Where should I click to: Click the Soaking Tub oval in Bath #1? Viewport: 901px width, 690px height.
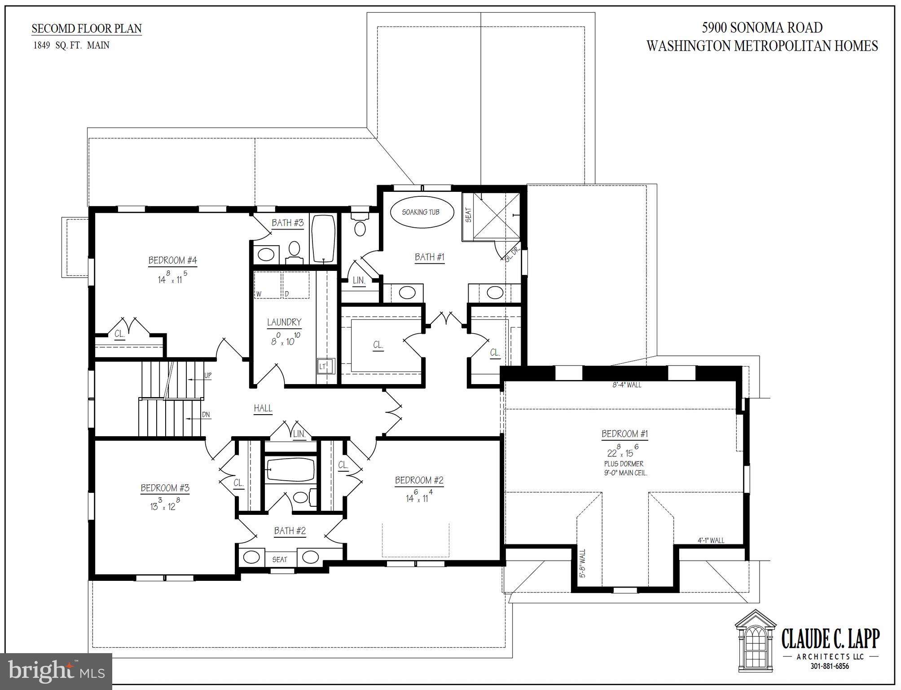(x=421, y=212)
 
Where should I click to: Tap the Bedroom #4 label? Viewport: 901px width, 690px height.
(x=173, y=260)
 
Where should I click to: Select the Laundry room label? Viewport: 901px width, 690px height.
(x=284, y=322)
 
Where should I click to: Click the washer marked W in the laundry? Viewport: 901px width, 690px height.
(x=268, y=285)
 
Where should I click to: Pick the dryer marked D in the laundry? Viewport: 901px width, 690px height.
(x=296, y=285)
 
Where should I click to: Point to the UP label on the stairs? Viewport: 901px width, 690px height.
(x=208, y=376)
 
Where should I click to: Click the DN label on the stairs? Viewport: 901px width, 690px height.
(x=206, y=415)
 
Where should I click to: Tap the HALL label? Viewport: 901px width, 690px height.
(x=263, y=408)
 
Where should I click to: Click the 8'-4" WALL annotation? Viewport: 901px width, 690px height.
(x=627, y=385)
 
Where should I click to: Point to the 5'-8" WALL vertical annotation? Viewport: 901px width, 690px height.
(x=583, y=563)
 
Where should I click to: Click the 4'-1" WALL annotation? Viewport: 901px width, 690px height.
(x=711, y=540)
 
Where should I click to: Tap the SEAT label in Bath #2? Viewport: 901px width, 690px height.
(x=280, y=559)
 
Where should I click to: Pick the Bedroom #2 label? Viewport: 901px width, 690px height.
(x=419, y=480)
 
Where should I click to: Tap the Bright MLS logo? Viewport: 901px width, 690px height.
(x=56, y=671)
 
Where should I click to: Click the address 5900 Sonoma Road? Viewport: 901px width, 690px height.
(x=762, y=28)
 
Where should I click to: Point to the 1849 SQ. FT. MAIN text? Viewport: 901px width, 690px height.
(x=71, y=45)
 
